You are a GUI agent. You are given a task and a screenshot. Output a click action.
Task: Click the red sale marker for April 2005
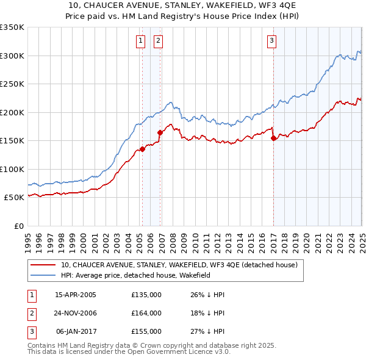(142, 148)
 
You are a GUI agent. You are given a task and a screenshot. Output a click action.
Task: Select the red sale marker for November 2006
(160, 132)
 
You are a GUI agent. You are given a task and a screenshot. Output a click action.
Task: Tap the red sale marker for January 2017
(273, 139)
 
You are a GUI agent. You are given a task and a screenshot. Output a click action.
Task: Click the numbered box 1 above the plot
(140, 41)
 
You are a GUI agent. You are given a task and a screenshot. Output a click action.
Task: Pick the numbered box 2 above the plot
(158, 41)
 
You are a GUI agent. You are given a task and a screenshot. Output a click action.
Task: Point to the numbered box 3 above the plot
(271, 41)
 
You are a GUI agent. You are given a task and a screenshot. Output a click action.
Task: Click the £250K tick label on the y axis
(12, 84)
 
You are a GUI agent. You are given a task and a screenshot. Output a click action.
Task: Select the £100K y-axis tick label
(12, 169)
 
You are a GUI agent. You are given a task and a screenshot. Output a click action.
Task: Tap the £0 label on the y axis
(18, 226)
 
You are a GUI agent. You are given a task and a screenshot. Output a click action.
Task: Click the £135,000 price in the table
(146, 295)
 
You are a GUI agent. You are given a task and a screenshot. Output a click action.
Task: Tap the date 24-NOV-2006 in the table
(76, 313)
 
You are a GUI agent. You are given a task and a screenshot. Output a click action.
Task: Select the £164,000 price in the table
(146, 313)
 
